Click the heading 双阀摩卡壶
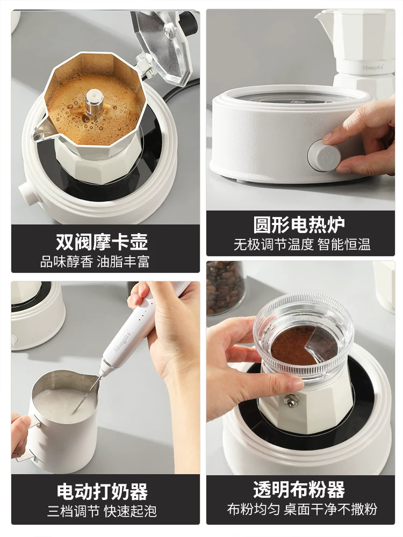102,241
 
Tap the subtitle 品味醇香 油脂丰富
95,262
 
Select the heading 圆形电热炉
299,224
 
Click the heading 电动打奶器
102,491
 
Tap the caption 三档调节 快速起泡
102,511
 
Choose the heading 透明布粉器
299,490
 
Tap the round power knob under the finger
321,155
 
